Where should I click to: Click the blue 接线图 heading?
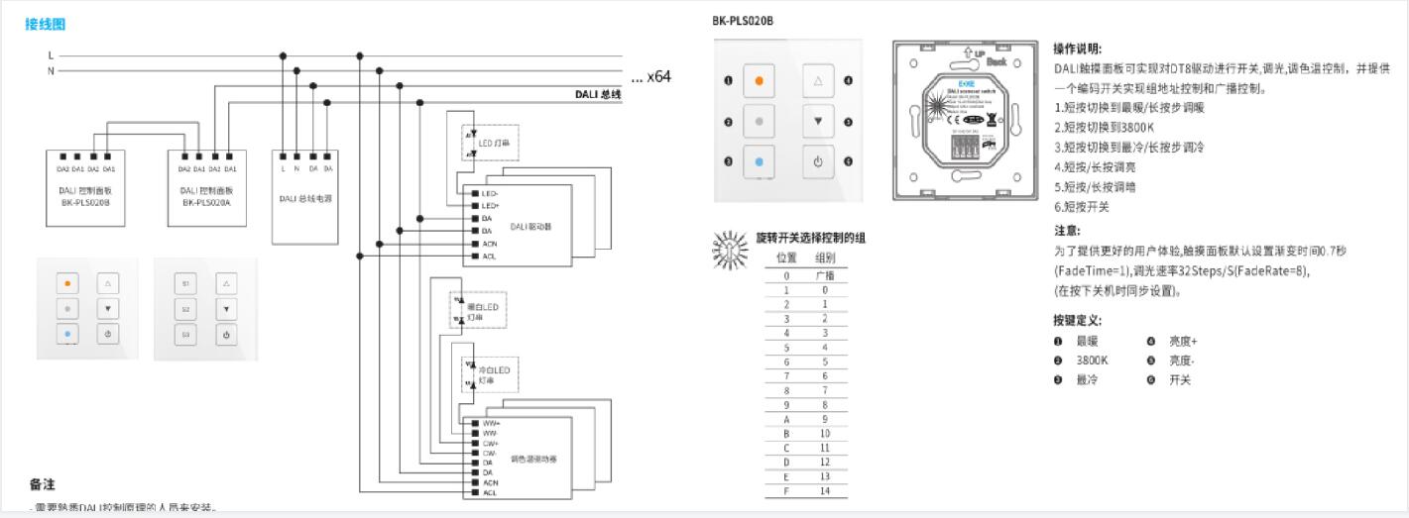(x=46, y=24)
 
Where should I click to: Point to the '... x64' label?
(x=651, y=75)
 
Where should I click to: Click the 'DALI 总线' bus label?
(x=598, y=95)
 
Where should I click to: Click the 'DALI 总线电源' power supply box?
(x=306, y=196)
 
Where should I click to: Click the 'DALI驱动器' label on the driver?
(x=530, y=227)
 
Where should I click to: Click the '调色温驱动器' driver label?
(x=533, y=458)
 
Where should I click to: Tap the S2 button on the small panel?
(x=185, y=309)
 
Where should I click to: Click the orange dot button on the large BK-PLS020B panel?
(x=760, y=80)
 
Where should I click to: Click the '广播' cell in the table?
(x=823, y=275)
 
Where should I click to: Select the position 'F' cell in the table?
(x=786, y=490)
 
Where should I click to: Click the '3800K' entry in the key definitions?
(x=1092, y=360)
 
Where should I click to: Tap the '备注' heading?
(x=42, y=484)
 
